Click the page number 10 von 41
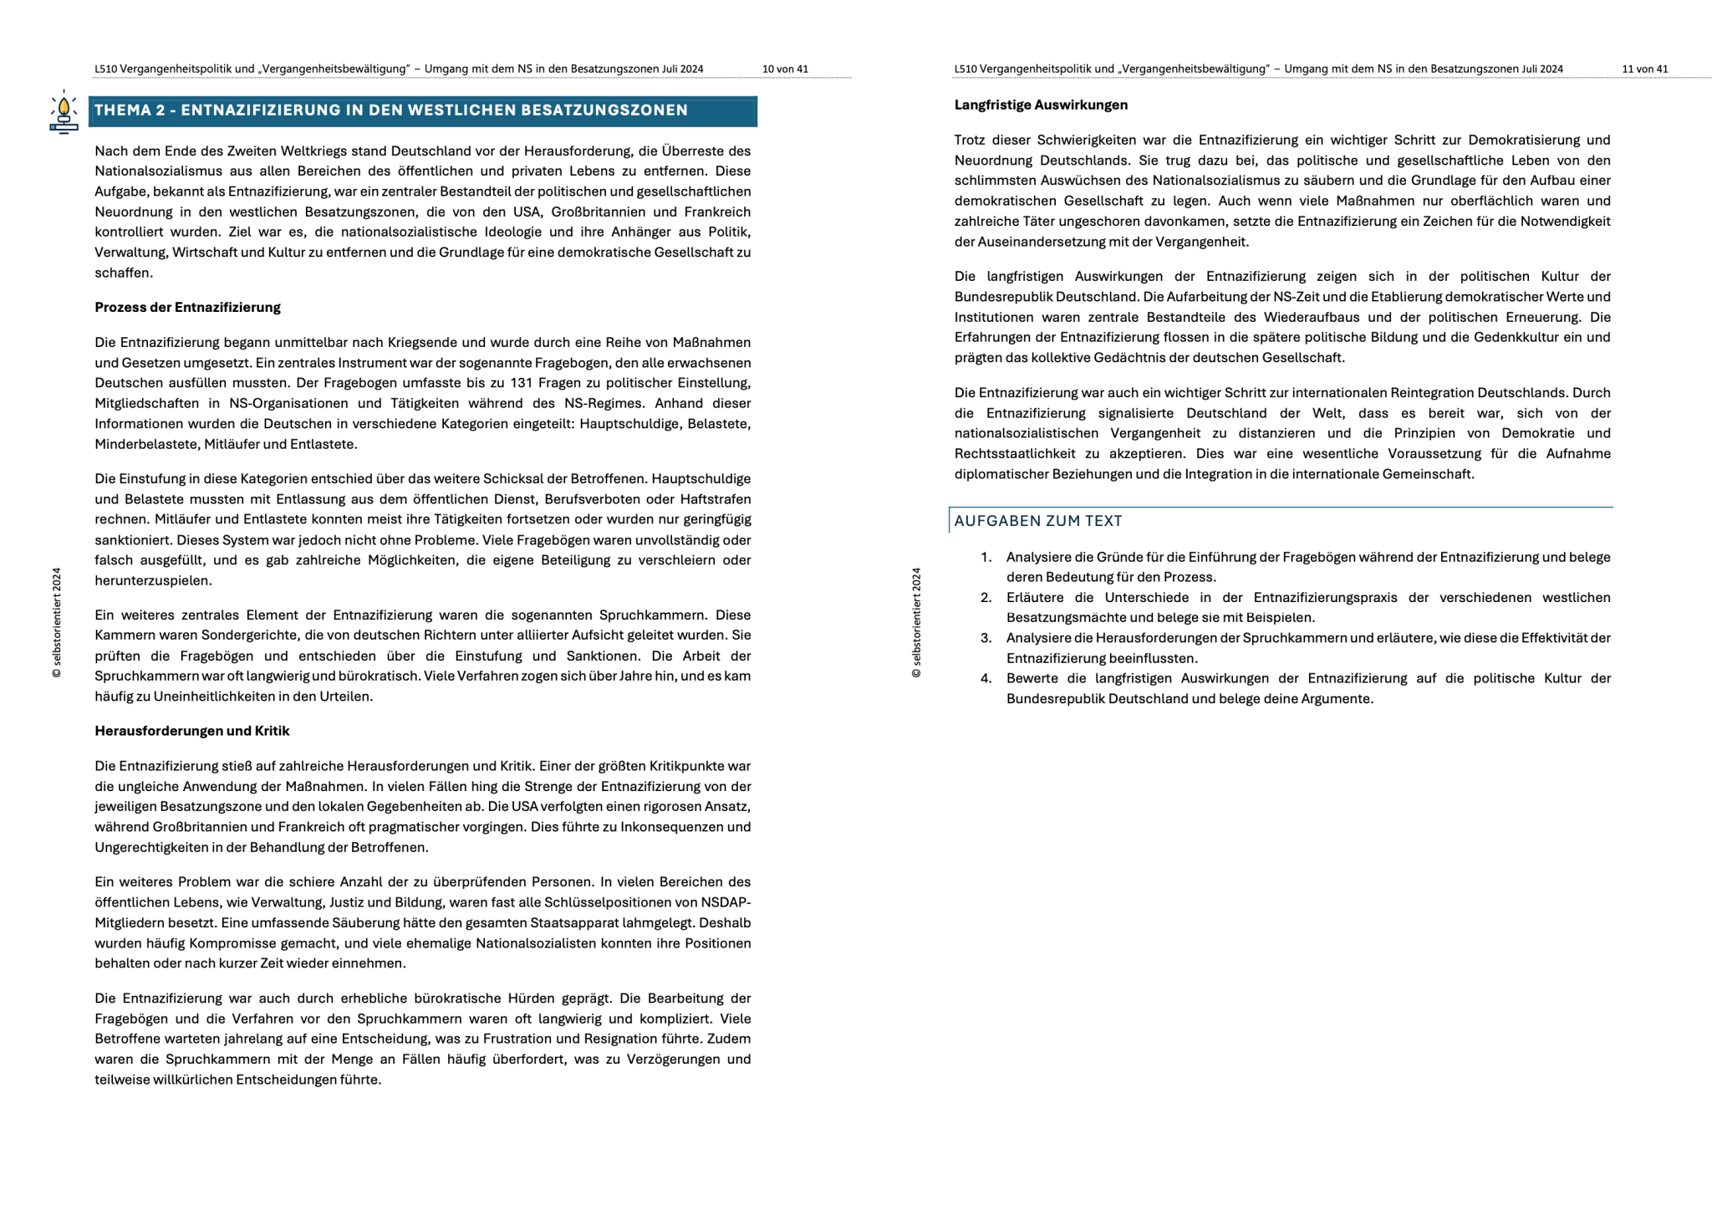click(785, 69)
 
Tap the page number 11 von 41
click(1644, 69)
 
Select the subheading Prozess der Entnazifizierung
click(187, 308)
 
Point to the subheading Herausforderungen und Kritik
click(191, 731)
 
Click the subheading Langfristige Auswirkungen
click(1041, 105)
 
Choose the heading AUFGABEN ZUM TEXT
click(1037, 521)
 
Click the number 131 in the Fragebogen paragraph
click(522, 383)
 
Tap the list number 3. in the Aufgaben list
click(986, 638)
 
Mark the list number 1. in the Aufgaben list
click(986, 557)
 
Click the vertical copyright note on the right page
click(916, 622)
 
